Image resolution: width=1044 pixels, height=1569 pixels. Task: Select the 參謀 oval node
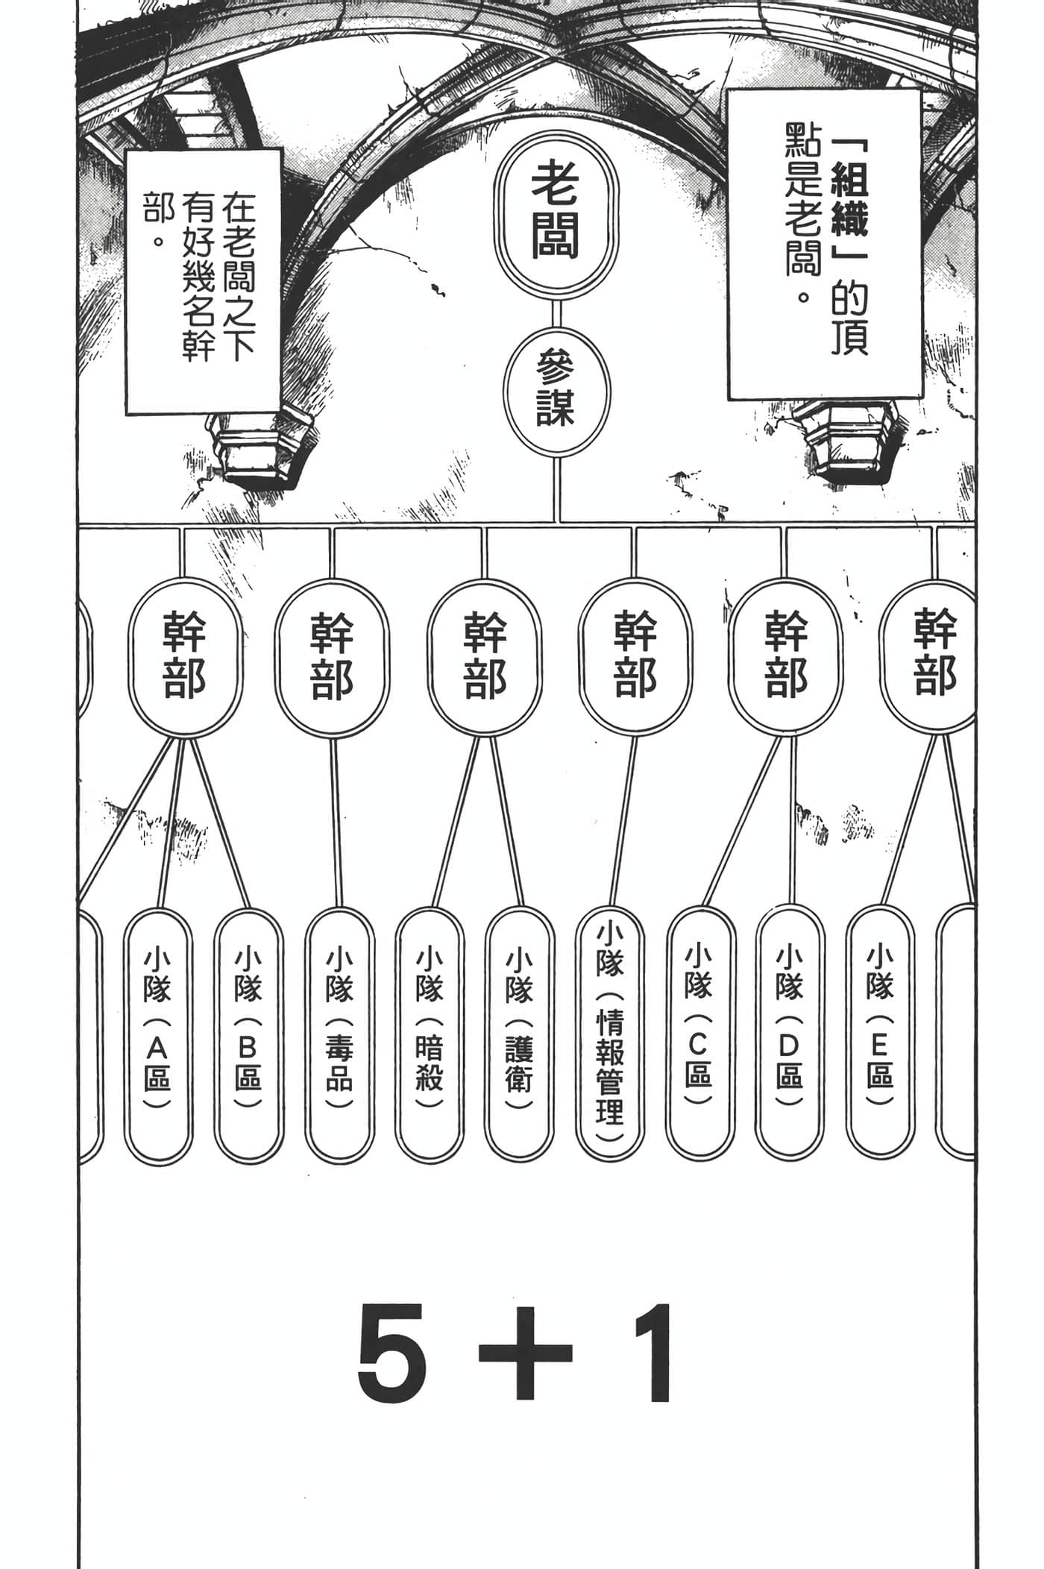tap(556, 392)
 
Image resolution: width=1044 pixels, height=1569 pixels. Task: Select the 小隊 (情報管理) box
tap(610, 1033)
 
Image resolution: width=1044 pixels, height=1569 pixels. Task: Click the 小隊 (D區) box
tap(790, 1033)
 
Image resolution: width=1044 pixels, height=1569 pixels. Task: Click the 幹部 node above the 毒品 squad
tap(332, 656)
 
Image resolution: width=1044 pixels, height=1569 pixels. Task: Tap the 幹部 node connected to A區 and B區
tap(185, 656)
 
